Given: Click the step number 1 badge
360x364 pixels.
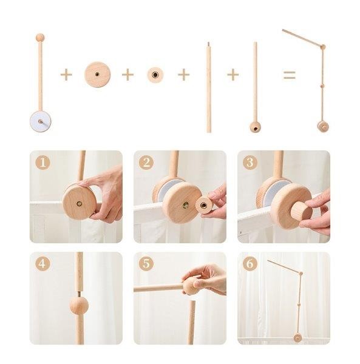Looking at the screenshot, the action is [x=42, y=162].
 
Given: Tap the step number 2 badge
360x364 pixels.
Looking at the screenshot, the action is [x=146, y=162].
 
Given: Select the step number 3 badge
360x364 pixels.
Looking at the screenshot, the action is [x=250, y=162].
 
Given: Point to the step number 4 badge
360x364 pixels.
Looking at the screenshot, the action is [x=42, y=263].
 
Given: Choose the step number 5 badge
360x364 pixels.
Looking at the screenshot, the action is [x=146, y=263].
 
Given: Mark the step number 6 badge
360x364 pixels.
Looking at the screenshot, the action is [x=250, y=263].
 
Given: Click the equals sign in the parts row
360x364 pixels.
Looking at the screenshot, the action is [x=290, y=75].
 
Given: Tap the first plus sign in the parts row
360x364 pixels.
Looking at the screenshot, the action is [x=66, y=75].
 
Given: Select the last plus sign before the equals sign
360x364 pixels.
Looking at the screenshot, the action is [x=233, y=75].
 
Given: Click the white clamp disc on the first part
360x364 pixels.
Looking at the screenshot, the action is [x=41, y=121].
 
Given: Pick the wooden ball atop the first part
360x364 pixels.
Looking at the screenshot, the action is [x=40, y=38].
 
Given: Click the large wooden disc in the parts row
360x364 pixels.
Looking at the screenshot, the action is [x=97, y=75].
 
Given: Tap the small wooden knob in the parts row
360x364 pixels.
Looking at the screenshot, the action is [x=155, y=75].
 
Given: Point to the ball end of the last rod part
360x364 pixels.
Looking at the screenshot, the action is [x=255, y=127].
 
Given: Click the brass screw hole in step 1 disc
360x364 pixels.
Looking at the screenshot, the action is [x=79, y=204].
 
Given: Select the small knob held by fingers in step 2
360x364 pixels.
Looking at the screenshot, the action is [x=204, y=205].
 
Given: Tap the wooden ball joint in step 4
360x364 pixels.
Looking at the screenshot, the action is [x=79, y=305].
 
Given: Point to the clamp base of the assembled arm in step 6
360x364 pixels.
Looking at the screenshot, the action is [x=297, y=337].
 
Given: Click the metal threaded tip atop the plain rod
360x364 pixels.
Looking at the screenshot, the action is [x=208, y=44].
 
